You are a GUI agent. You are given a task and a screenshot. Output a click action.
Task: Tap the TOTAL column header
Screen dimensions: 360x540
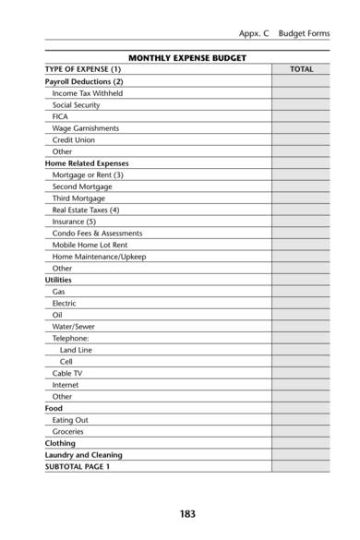[x=301, y=69]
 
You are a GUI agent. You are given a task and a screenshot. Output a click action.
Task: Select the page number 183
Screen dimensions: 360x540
[x=187, y=512]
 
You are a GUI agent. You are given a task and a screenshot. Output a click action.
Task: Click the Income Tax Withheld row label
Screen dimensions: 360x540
[x=88, y=93]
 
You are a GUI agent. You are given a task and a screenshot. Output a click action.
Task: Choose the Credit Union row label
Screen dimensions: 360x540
[x=74, y=140]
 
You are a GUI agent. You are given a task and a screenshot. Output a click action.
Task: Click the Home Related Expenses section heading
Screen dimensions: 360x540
[x=87, y=163]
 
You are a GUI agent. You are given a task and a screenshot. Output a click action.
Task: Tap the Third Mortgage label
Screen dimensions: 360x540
[x=78, y=198]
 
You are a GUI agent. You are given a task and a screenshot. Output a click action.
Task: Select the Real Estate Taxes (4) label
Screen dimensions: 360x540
[x=86, y=210]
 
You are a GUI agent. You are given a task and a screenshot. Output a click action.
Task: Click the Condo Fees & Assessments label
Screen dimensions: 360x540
[x=97, y=233]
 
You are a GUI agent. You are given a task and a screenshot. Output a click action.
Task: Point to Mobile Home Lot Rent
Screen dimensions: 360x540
[x=90, y=245]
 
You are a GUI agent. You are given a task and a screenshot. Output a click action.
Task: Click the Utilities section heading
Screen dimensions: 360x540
[x=58, y=280]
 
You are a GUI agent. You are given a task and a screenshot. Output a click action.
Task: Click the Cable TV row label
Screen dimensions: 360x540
[x=68, y=373]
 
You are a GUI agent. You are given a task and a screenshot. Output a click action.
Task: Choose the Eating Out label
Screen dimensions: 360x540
[x=70, y=419]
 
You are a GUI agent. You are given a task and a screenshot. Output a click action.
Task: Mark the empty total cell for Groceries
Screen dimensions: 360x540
[x=301, y=431]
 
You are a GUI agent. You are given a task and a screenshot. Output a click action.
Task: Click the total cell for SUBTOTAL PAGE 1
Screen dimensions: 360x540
[x=301, y=466]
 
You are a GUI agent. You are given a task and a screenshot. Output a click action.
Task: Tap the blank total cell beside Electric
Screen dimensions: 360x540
[x=301, y=303]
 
